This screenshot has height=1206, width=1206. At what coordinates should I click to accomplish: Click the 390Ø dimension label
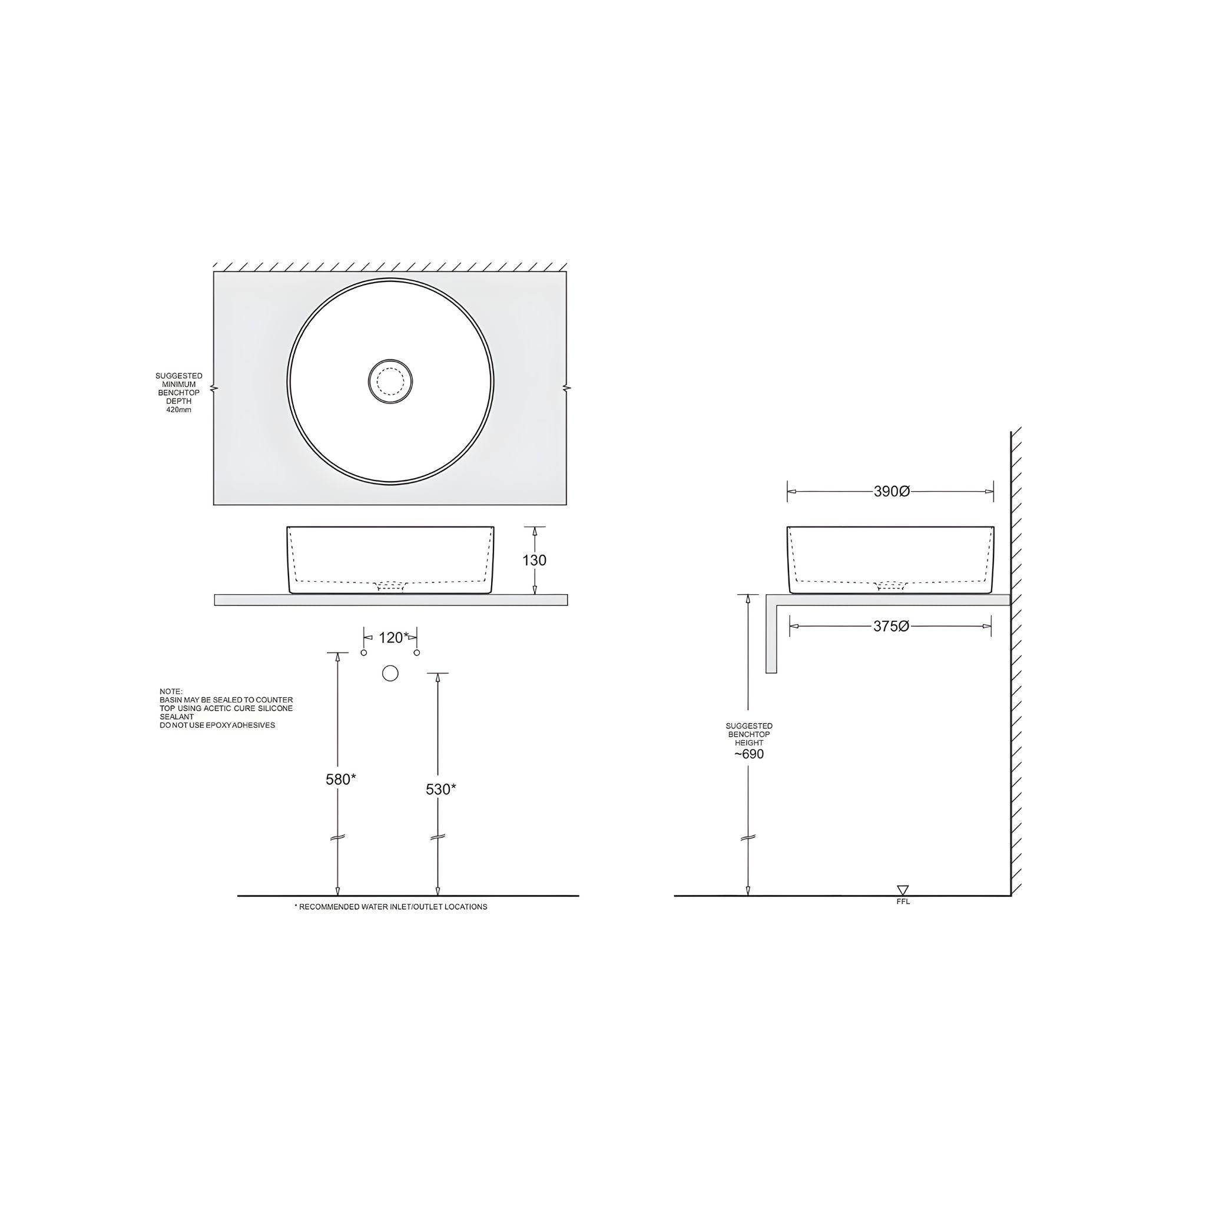(x=891, y=492)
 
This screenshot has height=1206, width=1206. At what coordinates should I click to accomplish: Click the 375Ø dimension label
(x=891, y=626)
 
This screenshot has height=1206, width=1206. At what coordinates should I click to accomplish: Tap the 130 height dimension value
(x=534, y=561)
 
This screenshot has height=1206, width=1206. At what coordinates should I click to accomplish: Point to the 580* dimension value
(x=341, y=779)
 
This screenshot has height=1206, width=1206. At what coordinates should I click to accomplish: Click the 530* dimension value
(x=440, y=789)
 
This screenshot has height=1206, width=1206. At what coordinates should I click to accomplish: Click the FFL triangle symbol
(x=903, y=890)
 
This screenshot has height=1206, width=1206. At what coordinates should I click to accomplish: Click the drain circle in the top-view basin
(x=391, y=382)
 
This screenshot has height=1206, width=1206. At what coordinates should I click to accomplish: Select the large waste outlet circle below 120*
(x=390, y=673)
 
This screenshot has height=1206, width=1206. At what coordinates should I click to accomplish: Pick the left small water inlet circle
(x=364, y=652)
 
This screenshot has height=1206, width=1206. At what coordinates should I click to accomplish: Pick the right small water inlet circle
(x=417, y=652)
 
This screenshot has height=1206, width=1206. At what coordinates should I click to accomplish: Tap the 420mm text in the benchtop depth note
(x=179, y=410)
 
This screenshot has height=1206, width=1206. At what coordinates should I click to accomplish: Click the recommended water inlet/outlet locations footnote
(x=391, y=907)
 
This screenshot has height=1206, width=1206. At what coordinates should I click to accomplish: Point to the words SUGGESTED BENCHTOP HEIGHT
(x=749, y=734)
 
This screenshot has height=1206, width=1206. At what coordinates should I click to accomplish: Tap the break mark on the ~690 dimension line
(x=748, y=837)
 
